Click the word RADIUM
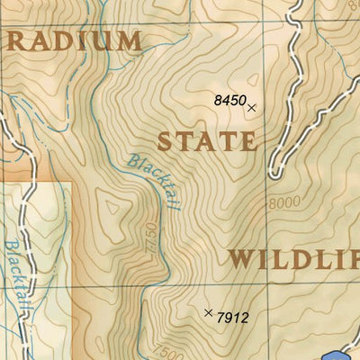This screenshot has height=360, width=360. [x=74, y=41]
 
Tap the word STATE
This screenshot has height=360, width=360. [x=207, y=141]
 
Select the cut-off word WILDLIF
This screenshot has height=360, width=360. [x=292, y=260]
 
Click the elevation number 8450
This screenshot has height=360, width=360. [x=229, y=101]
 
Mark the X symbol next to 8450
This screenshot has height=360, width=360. [x=252, y=107]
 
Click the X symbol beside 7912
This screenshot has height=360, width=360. [x=209, y=312]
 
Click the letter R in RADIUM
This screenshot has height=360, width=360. [x=16, y=41]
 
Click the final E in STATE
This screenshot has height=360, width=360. [x=247, y=141]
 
